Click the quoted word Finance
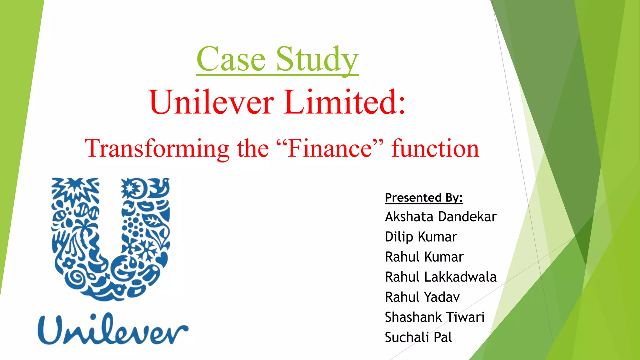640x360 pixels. click(330, 148)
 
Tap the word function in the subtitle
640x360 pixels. click(435, 148)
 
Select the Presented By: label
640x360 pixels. click(424, 197)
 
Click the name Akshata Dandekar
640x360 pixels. click(441, 217)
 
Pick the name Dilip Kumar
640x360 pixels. click(421, 237)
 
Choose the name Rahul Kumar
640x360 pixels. click(424, 257)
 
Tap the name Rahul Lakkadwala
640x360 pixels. click(441, 277)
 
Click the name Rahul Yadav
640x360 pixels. click(422, 297)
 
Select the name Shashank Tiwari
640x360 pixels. click(435, 317)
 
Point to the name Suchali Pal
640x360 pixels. click(418, 337)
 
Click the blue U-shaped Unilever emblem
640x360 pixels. click(111, 239)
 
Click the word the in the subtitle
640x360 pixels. click(253, 148)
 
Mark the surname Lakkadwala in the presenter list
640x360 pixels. click(460, 277)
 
